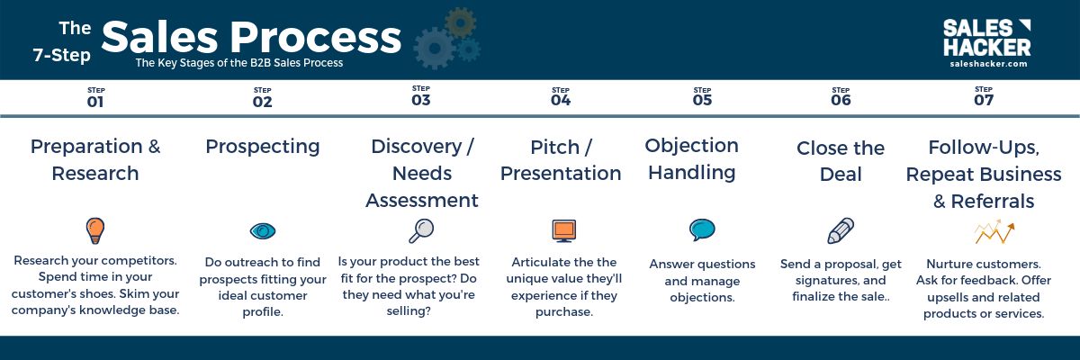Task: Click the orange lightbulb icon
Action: (x=95, y=230)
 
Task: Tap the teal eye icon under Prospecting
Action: (x=263, y=230)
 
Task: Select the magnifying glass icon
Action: (x=421, y=230)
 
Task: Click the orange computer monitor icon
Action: (x=564, y=230)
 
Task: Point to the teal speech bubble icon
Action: (x=702, y=229)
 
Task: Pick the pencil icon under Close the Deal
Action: (x=841, y=230)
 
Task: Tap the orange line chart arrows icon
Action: (x=994, y=232)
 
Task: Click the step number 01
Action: (x=95, y=102)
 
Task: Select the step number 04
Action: (x=561, y=100)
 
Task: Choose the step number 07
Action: (x=984, y=100)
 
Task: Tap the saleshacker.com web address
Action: (x=988, y=64)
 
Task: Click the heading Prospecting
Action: (x=263, y=147)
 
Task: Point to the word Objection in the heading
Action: (x=692, y=146)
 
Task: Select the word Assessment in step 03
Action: (x=422, y=200)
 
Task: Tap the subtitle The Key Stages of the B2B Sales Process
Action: (x=239, y=63)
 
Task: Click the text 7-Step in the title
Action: (x=62, y=55)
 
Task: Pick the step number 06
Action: (x=841, y=100)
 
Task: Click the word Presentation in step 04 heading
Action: (x=561, y=174)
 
